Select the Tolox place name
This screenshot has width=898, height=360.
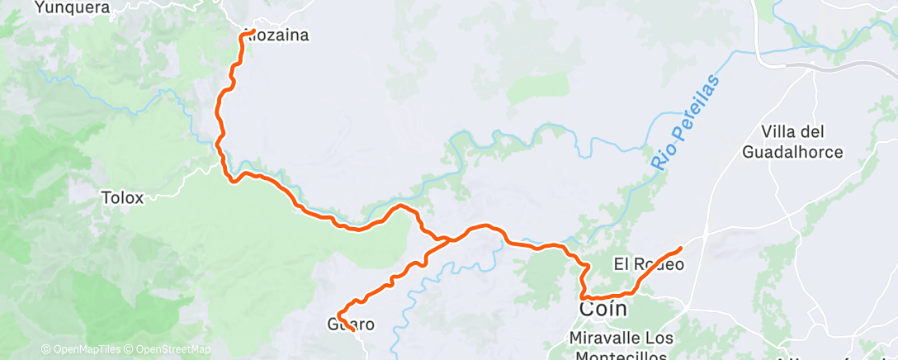122,198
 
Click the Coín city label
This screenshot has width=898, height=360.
603,309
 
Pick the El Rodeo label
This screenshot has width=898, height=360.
649,264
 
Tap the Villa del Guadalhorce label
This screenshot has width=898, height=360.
792,141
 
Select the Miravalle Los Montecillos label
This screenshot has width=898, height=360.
622,346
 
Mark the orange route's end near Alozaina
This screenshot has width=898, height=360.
242,36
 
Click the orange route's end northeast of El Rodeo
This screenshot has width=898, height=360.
680,249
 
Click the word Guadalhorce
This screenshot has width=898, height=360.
792,152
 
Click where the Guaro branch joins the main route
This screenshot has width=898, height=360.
447,240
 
